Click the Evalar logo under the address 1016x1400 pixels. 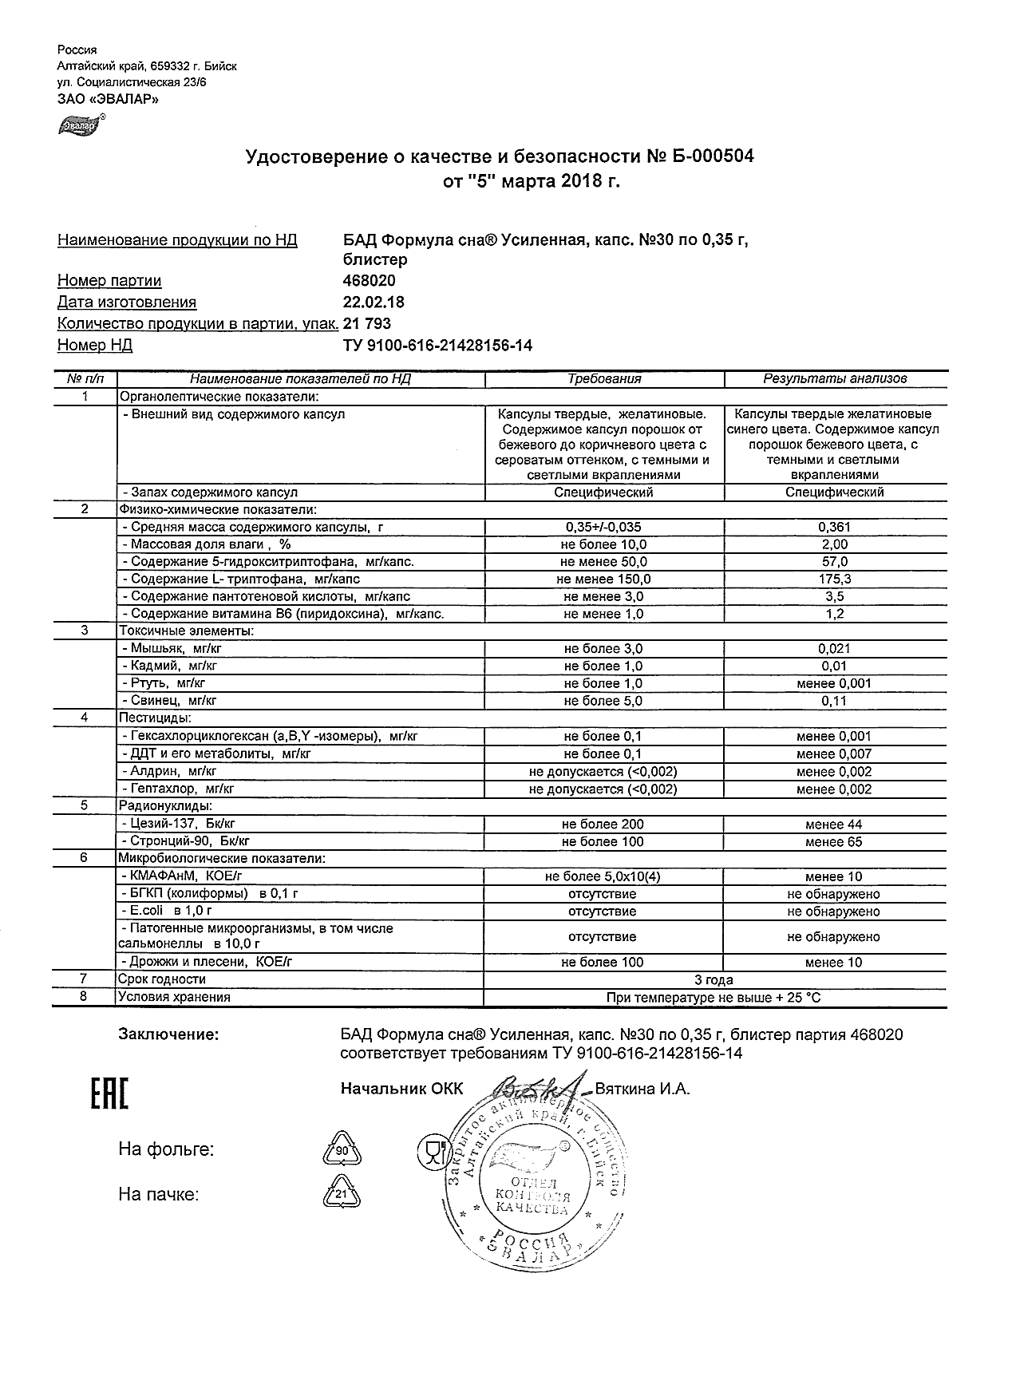pyautogui.click(x=79, y=125)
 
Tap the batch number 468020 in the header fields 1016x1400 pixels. pyautogui.click(x=369, y=281)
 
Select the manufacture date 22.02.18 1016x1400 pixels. pyautogui.click(x=373, y=303)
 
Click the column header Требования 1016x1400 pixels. pyautogui.click(x=604, y=379)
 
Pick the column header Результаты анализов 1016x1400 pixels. pyautogui.click(x=835, y=379)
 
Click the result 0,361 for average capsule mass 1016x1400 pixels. pyautogui.click(x=835, y=527)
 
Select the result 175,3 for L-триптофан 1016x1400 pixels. pyautogui.click(x=835, y=579)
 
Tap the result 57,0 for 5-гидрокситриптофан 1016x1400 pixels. pyautogui.click(x=835, y=562)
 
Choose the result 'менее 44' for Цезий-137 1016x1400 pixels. pyautogui.click(x=834, y=825)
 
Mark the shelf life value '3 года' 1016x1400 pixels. pyautogui.click(x=714, y=979)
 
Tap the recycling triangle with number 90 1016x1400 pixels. pyautogui.click(x=342, y=1151)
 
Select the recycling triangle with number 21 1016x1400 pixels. pyautogui.click(x=342, y=1195)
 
